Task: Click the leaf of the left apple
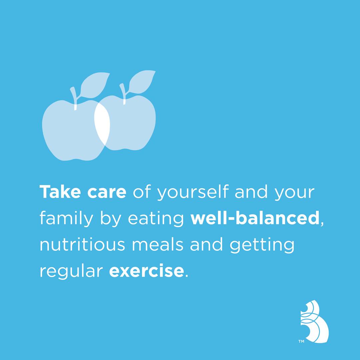(94, 85)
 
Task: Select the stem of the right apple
(123, 94)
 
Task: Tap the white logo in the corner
(314, 321)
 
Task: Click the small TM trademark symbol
(301, 341)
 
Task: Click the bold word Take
(60, 192)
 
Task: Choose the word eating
(156, 219)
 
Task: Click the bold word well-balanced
(255, 218)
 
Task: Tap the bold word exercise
(146, 270)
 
